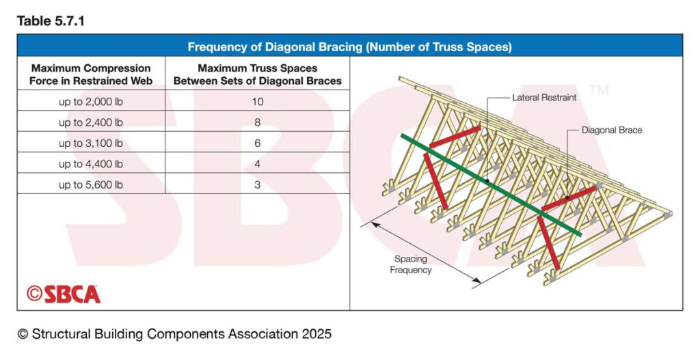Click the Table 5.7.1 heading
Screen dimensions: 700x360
[x=51, y=20]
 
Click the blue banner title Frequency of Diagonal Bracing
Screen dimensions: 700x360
[x=349, y=47]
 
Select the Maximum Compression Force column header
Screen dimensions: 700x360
[x=91, y=74]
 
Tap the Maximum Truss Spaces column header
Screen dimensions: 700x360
[x=258, y=74]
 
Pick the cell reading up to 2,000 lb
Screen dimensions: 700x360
[x=91, y=102]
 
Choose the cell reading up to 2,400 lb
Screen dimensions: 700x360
[x=91, y=122]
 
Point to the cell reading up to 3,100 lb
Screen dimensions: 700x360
[x=91, y=143]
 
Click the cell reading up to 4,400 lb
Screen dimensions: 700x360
[x=91, y=164]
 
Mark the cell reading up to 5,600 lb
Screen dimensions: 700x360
[x=91, y=184]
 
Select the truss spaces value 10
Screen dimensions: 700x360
[x=258, y=102]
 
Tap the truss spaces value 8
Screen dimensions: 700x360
[x=258, y=122]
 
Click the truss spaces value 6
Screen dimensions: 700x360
[x=258, y=143]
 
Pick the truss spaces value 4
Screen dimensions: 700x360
[x=258, y=164]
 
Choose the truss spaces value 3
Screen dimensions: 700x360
[x=258, y=184]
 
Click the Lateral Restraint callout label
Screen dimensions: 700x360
[x=544, y=97]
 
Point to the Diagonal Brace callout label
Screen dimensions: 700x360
[x=612, y=130]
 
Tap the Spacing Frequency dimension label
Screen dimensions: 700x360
[x=411, y=264]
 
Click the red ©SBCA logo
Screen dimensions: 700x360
[x=64, y=294]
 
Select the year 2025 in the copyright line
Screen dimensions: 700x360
[x=317, y=333]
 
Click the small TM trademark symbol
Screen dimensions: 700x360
[x=598, y=91]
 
